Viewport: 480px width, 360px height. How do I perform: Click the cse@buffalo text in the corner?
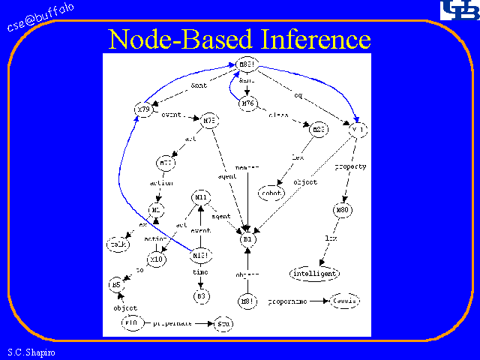coord(41,16)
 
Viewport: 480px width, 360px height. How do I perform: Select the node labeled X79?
coord(143,109)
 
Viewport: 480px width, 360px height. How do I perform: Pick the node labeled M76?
coord(249,103)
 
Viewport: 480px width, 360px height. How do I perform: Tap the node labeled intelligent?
coord(314,273)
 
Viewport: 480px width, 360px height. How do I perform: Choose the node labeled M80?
coord(343,211)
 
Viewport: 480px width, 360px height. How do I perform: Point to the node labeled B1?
coord(247,240)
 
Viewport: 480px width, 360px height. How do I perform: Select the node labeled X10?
coord(156,259)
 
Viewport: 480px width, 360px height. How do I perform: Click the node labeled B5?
coord(115,285)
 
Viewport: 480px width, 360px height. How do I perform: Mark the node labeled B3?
coord(201,295)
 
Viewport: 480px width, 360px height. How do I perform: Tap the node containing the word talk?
coord(118,244)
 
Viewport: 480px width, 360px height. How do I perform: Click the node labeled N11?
coord(201,197)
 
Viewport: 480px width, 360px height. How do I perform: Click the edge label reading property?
coord(350,166)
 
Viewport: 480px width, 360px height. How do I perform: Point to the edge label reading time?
coord(200,273)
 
